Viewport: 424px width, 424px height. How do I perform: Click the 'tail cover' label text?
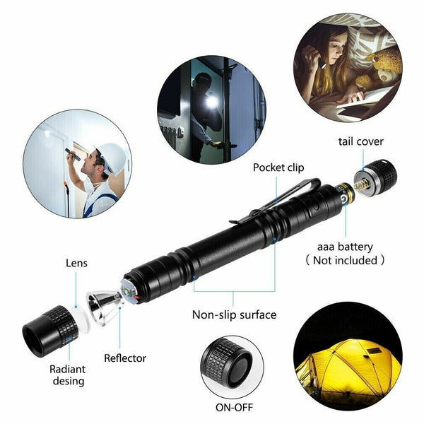pos(360,141)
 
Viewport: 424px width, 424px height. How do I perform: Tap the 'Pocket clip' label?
pos(279,168)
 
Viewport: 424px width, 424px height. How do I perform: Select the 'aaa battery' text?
pos(346,247)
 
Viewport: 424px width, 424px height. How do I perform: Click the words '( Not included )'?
pos(346,260)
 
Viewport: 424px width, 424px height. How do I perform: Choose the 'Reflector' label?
pos(125,358)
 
